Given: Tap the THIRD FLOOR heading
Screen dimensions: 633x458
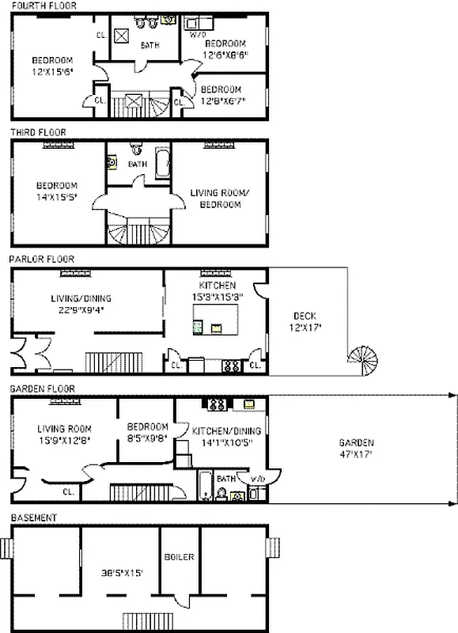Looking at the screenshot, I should tap(37, 132).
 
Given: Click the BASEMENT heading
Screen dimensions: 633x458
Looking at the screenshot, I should tap(33, 517).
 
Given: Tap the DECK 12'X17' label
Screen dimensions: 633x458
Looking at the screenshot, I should tap(306, 322).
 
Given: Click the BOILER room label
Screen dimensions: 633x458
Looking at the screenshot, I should tap(180, 557).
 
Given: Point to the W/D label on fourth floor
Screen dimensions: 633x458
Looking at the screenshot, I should tap(197, 35).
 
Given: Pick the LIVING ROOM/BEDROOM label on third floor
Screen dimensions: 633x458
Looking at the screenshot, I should tap(215, 198).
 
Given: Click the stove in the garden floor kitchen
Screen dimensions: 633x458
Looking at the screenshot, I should tap(215, 404).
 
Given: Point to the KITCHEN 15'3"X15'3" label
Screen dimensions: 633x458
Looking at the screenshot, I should tap(216, 290).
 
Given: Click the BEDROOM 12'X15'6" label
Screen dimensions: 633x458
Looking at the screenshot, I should tap(53, 66).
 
